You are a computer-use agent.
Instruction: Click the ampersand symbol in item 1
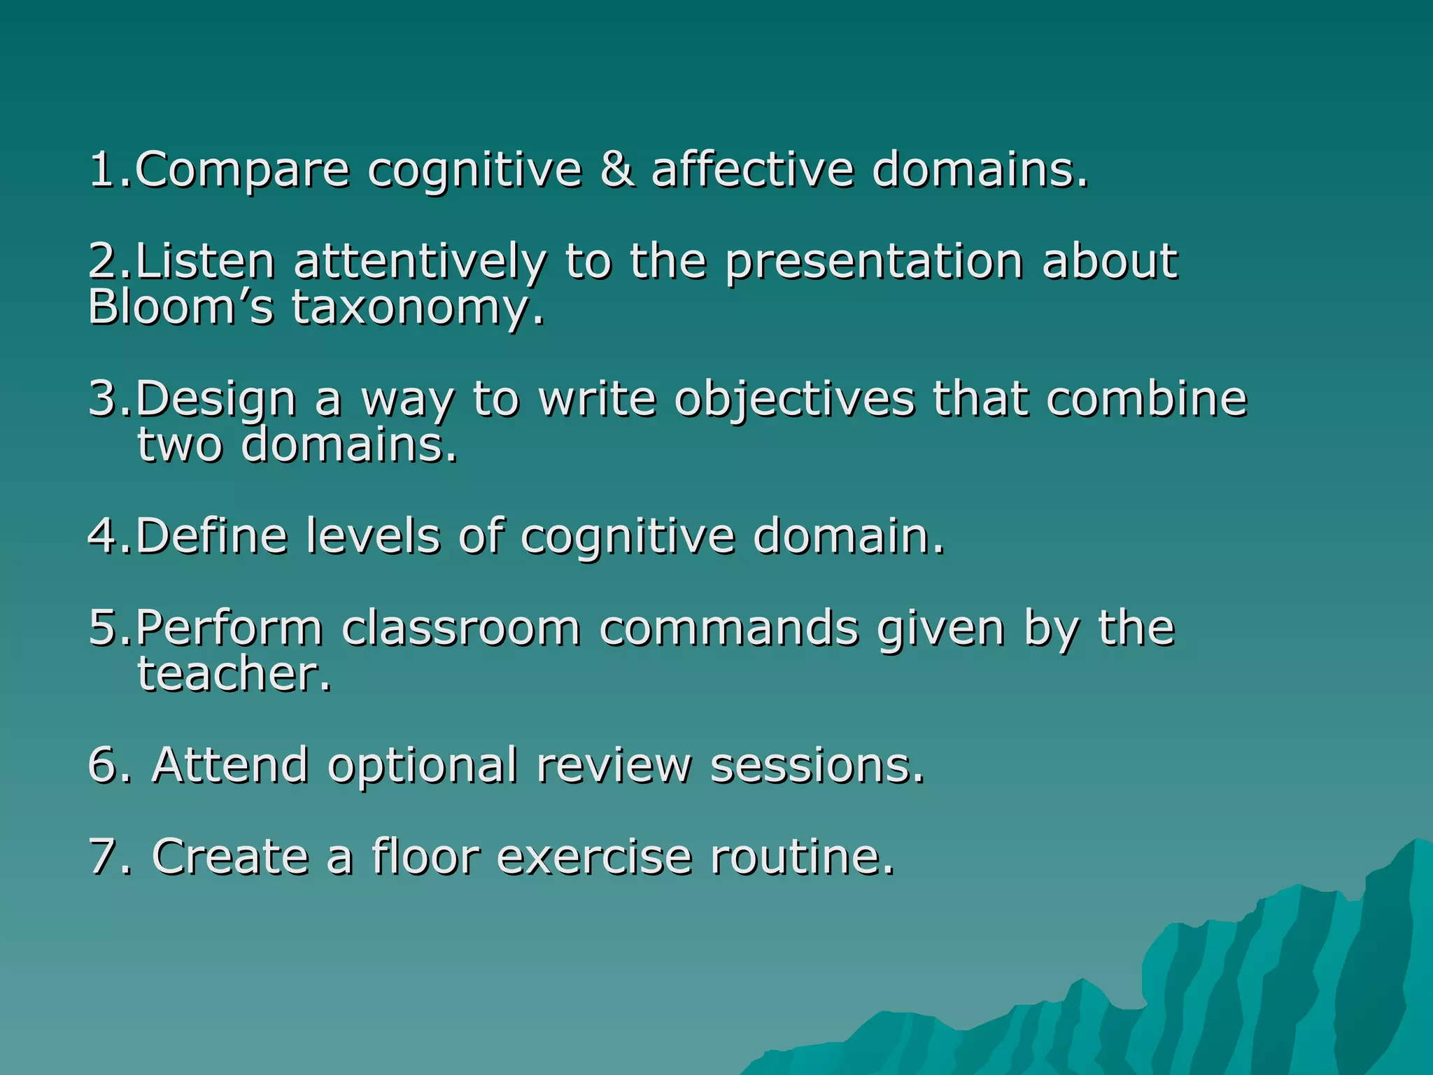tap(618, 170)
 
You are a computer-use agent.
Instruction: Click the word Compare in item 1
tap(241, 170)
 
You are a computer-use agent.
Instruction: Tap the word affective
tap(752, 170)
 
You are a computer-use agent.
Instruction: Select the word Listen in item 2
tap(204, 261)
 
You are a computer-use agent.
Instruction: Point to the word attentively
tap(419, 261)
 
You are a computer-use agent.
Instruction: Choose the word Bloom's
tap(181, 307)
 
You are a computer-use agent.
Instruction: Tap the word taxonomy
tap(417, 307)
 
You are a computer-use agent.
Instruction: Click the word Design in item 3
tap(216, 398)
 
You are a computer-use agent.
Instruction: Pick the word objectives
tap(794, 398)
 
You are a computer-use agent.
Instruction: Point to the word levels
tap(373, 536)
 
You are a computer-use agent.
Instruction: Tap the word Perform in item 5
tap(228, 627)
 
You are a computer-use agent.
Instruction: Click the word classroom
tap(461, 627)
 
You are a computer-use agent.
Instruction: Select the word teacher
tap(234, 673)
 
